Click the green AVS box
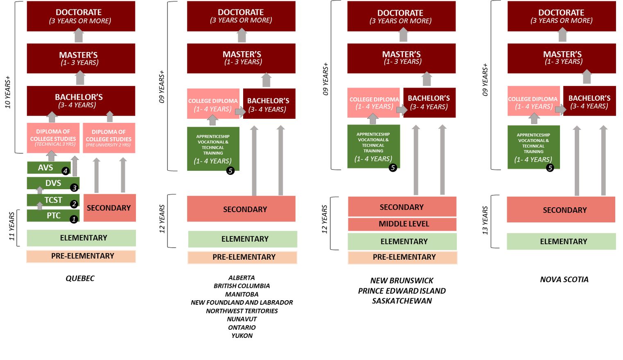click(45, 168)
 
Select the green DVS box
click(53, 183)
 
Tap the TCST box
click(53, 200)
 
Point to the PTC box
click(53, 215)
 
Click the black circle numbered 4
click(65, 171)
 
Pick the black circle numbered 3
click(74, 188)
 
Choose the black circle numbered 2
click(74, 204)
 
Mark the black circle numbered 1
click(74, 219)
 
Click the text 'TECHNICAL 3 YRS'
click(55, 144)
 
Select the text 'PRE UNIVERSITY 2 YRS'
click(108, 145)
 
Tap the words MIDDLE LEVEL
click(404, 224)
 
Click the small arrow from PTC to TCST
click(40, 206)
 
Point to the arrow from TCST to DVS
click(40, 190)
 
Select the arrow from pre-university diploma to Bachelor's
click(110, 117)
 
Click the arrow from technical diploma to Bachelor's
click(52, 117)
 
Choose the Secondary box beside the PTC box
click(109, 208)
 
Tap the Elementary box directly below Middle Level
click(404, 242)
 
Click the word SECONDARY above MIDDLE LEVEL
click(402, 207)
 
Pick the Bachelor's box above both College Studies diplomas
click(81, 100)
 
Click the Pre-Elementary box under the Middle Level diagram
click(404, 257)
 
